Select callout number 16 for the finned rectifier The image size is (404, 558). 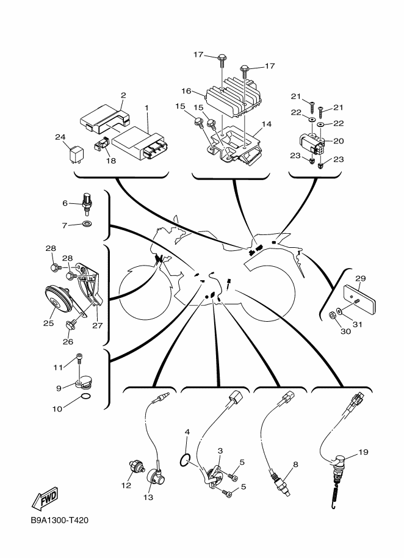click(x=187, y=91)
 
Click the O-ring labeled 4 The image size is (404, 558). click(x=188, y=459)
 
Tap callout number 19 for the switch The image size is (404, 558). click(x=364, y=452)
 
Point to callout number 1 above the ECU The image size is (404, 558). click(x=146, y=107)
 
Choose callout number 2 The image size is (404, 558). click(x=123, y=95)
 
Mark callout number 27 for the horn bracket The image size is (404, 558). click(x=96, y=325)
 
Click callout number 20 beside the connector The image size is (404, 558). click(x=339, y=141)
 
